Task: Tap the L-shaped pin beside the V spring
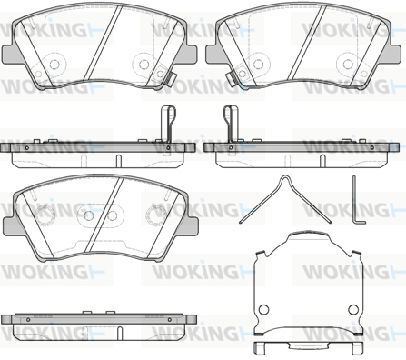[354, 200]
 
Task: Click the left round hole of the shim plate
[263, 309]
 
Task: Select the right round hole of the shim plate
[353, 309]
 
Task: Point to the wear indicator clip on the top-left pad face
[171, 78]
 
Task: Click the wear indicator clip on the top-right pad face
[232, 78]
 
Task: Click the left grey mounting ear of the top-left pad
[8, 54]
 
